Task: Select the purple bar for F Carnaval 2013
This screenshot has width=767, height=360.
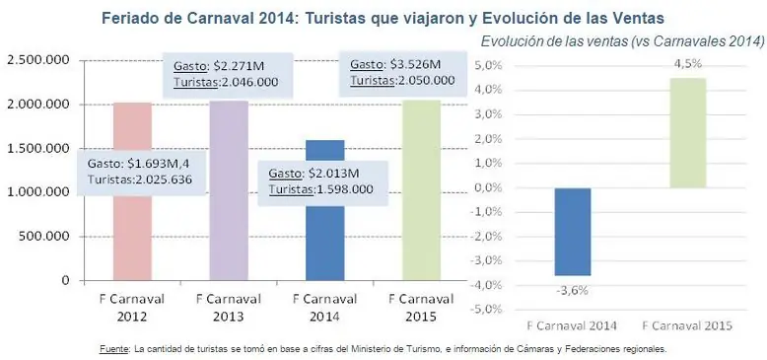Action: [x=228, y=197]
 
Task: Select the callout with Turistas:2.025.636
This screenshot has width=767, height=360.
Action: [x=139, y=172]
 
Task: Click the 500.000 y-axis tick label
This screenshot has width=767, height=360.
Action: [x=42, y=237]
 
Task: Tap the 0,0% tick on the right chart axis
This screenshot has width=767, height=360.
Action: [x=490, y=187]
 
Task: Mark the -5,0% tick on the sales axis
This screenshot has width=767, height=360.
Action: [x=489, y=309]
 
